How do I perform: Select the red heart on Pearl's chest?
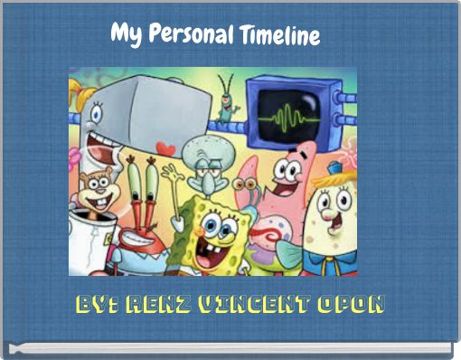point(165,147)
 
